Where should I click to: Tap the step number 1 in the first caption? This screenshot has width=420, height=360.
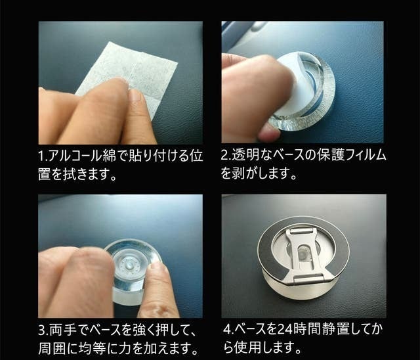pos(41,156)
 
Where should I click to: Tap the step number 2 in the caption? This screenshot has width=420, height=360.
pos(224,156)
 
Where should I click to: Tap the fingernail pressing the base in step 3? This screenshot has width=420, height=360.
pos(157,266)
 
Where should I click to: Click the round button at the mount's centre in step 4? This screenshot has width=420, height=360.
pos(303,253)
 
